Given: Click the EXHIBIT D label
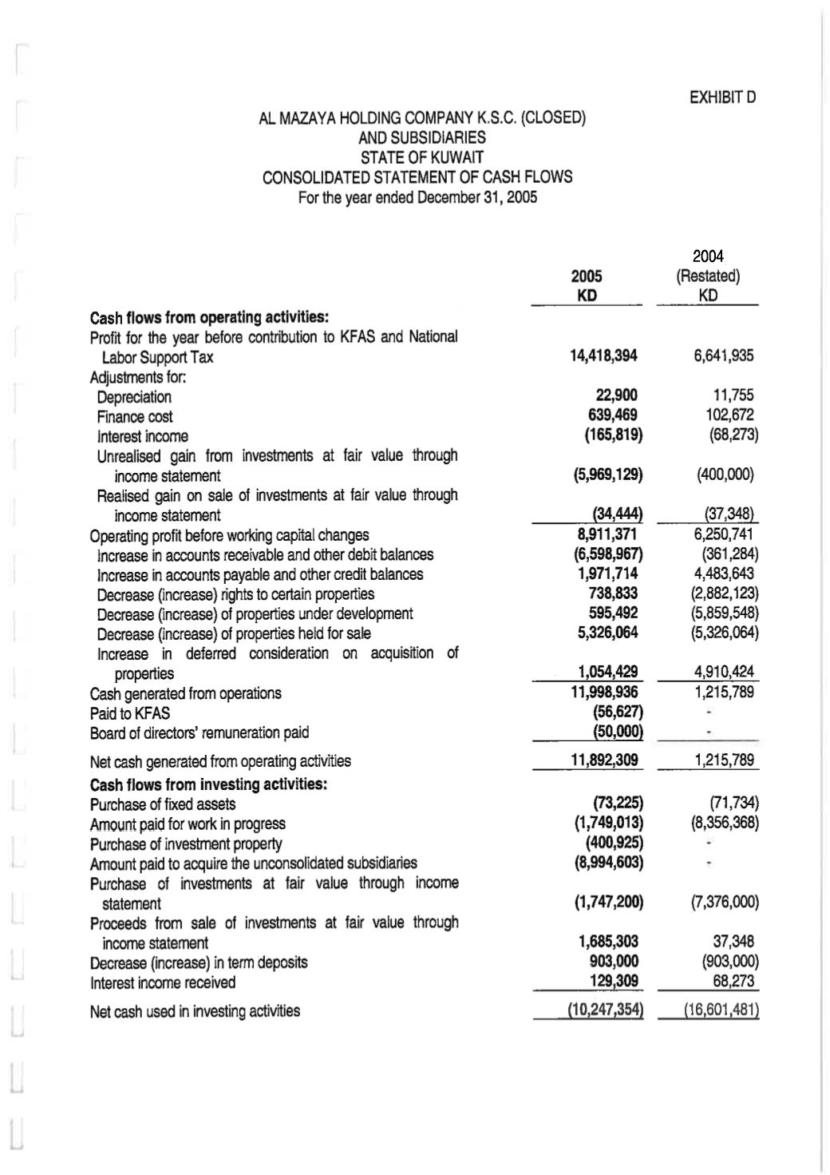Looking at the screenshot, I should (722, 97).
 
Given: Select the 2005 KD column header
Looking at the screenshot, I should (587, 285).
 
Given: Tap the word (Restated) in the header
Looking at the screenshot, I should (707, 276).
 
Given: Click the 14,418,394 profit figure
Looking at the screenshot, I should (603, 355).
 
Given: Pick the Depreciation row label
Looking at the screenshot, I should (134, 397).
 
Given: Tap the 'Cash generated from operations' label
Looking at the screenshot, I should (185, 693).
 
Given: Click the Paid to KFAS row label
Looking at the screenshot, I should (129, 713).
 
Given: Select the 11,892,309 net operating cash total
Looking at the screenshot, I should (604, 760).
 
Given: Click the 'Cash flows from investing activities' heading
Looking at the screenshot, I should (208, 784).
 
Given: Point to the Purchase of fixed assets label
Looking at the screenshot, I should (163, 804).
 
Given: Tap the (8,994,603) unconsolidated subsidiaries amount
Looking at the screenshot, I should (608, 863).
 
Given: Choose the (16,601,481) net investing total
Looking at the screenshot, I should (721, 1010).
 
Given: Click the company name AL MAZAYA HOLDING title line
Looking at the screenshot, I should (422, 118).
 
